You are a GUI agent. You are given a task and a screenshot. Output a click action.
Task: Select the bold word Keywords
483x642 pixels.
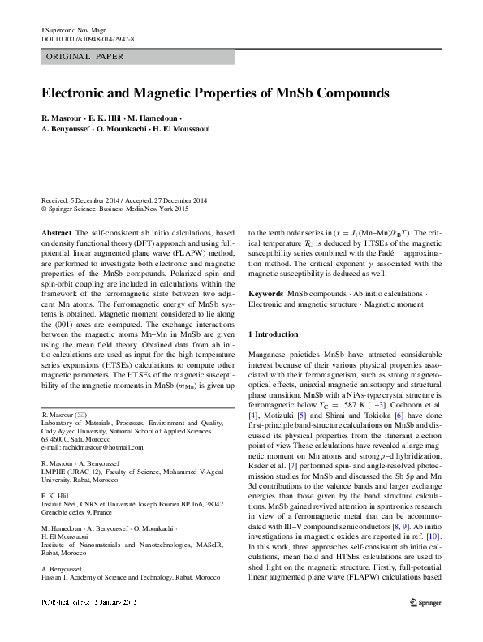click(265, 292)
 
